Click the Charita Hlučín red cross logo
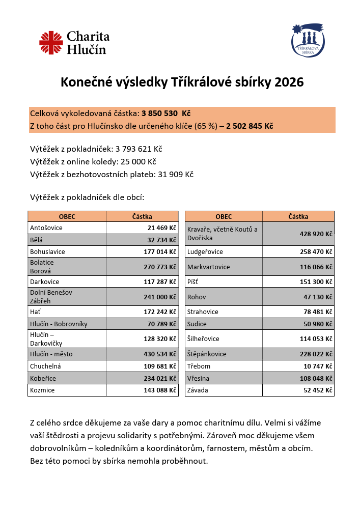(51, 43)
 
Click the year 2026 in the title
(289, 82)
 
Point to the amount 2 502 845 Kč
(250, 126)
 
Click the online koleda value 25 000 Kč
(138, 162)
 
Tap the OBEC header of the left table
(67, 216)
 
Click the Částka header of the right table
(298, 216)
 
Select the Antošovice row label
(46, 228)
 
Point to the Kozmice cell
(42, 390)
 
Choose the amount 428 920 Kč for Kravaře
(316, 234)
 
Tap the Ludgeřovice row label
(205, 252)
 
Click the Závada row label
(199, 390)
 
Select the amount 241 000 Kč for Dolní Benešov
(160, 297)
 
